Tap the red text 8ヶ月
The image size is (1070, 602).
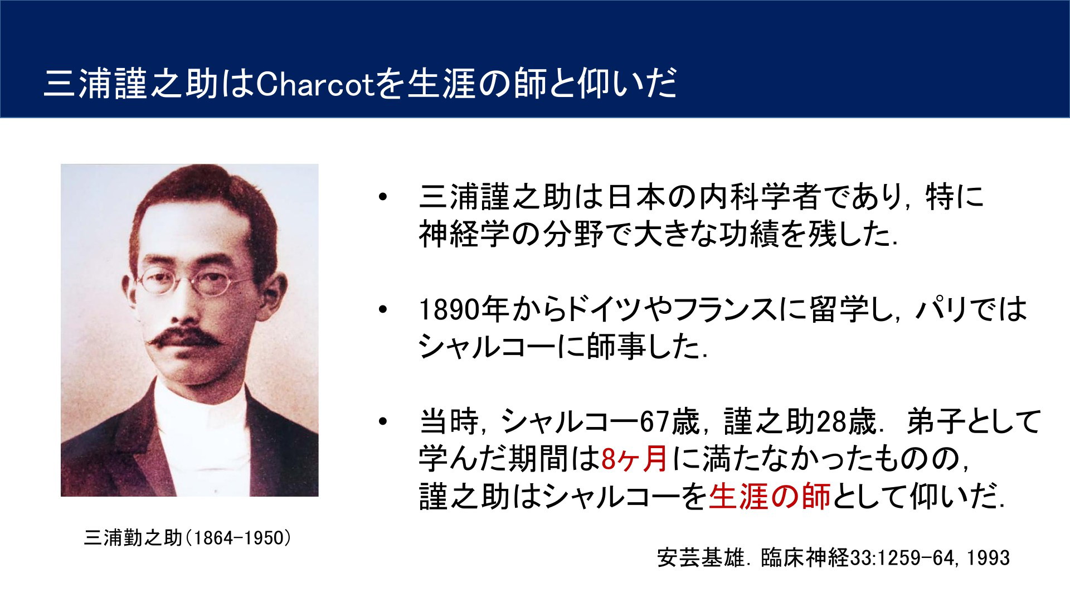tap(635, 459)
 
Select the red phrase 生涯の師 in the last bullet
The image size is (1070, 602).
tap(770, 496)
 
